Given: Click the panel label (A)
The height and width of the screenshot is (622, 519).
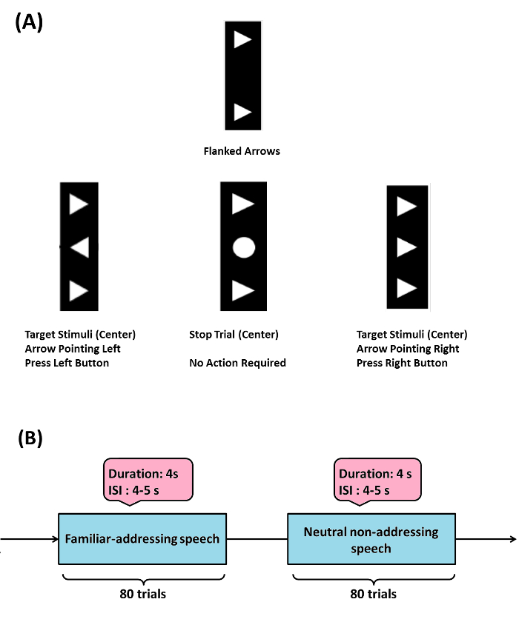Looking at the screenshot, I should tap(29, 21).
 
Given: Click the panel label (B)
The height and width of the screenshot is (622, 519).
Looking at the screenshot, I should tap(29, 438).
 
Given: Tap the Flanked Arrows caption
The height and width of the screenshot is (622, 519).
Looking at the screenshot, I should tap(242, 151).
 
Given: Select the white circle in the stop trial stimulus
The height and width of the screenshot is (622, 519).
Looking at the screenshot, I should tap(243, 247).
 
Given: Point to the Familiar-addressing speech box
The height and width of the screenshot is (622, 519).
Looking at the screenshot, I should tap(142, 538).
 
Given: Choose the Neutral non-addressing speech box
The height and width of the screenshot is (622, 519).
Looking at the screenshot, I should tap(371, 540).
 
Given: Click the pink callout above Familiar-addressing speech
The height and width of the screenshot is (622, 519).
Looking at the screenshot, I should tap(149, 481).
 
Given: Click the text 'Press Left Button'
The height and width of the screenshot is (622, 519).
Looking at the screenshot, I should tap(67, 363).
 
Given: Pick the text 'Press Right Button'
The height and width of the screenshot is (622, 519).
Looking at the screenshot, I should tap(402, 363).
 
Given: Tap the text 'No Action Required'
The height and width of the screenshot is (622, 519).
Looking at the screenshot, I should tap(237, 363).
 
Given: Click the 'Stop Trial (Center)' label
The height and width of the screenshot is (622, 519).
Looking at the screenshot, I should tap(234, 335).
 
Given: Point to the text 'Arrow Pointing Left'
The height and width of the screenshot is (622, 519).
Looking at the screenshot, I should tap(72, 349).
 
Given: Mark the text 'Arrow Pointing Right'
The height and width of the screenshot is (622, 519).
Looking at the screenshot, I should tap(407, 349).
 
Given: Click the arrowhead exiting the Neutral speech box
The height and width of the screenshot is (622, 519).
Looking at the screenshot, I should tap(511, 539).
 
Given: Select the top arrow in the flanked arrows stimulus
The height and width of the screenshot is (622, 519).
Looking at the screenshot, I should tap(242, 40).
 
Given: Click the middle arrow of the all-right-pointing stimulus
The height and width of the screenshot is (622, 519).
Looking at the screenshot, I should tap(406, 247).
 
